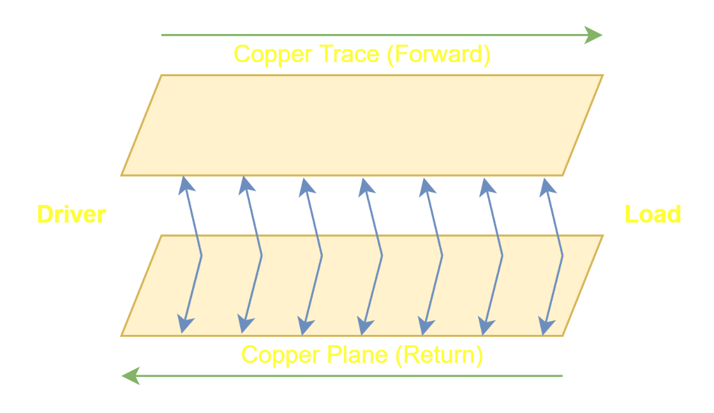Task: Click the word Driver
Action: click(71, 215)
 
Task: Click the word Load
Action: click(653, 215)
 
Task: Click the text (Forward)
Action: click(438, 54)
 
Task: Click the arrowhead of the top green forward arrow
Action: click(595, 35)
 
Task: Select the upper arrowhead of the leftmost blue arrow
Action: click(185, 185)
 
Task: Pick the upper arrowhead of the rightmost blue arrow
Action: click(546, 186)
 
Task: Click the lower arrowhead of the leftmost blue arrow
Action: click(184, 325)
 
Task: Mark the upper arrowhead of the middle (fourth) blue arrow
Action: click(366, 186)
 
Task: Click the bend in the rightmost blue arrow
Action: click(562, 256)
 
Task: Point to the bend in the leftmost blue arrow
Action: click(201, 256)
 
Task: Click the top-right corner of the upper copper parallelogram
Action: click(603, 75)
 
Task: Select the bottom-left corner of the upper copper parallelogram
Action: click(121, 175)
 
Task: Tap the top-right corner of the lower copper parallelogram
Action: click(603, 235)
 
